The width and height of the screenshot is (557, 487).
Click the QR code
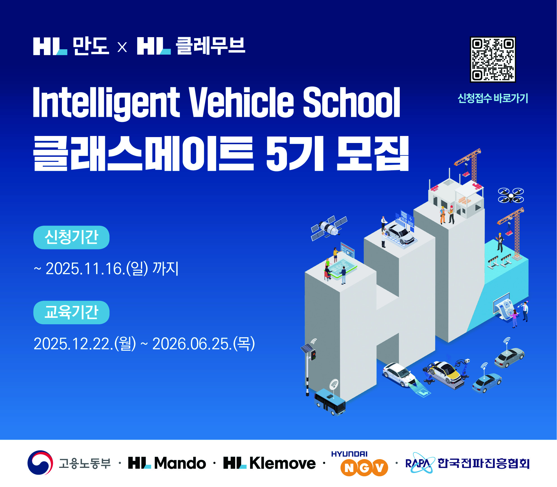(493, 59)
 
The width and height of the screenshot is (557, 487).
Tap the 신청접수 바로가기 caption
(493, 98)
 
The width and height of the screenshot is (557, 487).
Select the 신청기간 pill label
(71, 237)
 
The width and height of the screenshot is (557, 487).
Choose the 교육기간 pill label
(71, 312)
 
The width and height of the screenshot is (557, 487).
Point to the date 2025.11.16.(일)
(97, 269)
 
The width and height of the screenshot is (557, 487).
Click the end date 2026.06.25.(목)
(204, 344)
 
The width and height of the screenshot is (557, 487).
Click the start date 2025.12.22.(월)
(85, 344)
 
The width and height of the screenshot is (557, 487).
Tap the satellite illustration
(329, 228)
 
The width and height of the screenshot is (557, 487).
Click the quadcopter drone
(511, 195)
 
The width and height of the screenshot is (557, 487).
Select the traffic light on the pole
(313, 355)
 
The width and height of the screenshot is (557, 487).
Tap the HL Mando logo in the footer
(167, 463)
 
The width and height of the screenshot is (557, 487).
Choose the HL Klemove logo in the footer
(269, 463)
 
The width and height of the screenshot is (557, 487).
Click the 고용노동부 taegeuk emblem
(40, 463)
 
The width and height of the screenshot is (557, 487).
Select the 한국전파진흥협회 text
(484, 463)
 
